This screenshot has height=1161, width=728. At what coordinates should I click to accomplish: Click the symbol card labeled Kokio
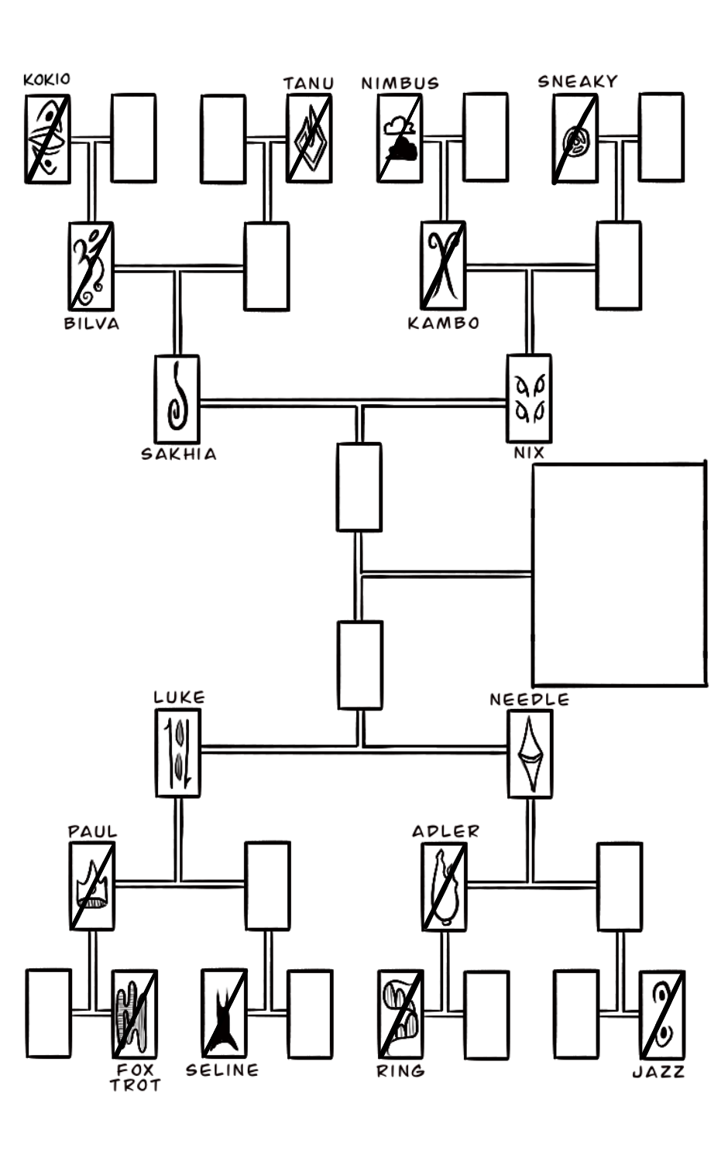[x=47, y=139]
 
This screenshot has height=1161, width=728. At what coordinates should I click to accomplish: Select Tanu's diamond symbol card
[x=309, y=139]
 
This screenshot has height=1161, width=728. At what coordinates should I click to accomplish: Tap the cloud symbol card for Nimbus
[x=400, y=139]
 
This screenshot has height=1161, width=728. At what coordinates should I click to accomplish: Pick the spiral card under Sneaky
[x=575, y=139]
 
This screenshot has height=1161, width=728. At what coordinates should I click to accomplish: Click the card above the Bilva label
[x=91, y=266]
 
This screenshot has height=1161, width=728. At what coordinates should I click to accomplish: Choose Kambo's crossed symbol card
[x=443, y=265]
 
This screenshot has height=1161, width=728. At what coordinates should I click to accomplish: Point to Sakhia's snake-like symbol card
[x=177, y=399]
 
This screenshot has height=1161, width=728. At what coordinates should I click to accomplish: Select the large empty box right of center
[x=619, y=574]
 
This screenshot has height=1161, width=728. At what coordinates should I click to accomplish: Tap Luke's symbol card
[x=178, y=753]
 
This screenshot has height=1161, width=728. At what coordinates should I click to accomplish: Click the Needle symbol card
[x=530, y=754]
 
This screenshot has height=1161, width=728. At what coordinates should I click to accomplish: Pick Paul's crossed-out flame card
[x=92, y=886]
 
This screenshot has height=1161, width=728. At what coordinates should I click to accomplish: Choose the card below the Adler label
[x=444, y=887]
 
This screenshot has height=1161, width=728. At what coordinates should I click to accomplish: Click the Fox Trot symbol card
[x=135, y=1013]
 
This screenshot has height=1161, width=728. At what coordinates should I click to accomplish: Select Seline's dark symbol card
[x=224, y=1012]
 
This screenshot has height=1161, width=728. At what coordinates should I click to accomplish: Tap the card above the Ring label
[x=400, y=1014]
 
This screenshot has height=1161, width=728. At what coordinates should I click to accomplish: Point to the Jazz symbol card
[x=661, y=1014]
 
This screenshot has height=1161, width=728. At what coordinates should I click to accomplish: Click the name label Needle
[x=529, y=700]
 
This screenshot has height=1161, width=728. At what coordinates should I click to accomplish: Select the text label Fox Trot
[x=135, y=1077]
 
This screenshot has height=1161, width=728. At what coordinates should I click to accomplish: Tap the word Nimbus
[x=400, y=83]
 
